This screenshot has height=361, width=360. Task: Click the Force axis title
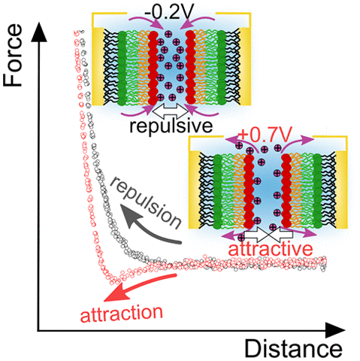(13, 56)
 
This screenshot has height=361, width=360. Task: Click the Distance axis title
(293, 348)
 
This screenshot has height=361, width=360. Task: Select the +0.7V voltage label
(265, 135)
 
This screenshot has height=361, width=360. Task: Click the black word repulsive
(171, 126)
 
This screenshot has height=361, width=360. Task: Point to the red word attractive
(271, 249)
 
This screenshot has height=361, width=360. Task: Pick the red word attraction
(122, 314)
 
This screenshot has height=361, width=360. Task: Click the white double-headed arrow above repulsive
(171, 111)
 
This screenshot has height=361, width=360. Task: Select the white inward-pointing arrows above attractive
(268, 234)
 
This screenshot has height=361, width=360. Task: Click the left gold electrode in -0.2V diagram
(98, 66)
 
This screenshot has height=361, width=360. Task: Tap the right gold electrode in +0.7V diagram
(341, 190)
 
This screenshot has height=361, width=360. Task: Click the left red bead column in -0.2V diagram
(153, 68)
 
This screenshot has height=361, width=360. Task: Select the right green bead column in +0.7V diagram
(318, 191)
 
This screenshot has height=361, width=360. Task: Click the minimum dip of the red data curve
(116, 281)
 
